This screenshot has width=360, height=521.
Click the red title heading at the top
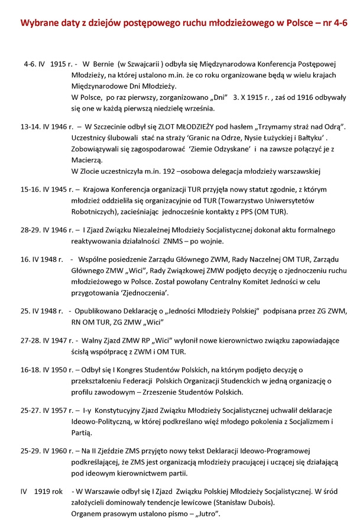(180, 23)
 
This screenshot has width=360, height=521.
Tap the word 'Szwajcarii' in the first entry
(155, 62)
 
